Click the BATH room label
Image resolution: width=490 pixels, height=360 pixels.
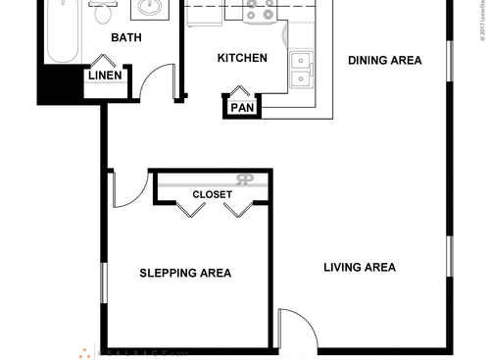point(126,38)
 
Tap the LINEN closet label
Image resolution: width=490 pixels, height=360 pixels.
point(105,76)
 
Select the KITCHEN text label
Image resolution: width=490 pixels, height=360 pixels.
point(241,58)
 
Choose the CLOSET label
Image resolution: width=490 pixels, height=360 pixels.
point(212,194)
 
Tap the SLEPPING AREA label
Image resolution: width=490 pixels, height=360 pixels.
point(185,273)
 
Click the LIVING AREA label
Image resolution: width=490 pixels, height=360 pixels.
point(359,267)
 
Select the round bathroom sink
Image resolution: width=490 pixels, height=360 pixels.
point(151,10)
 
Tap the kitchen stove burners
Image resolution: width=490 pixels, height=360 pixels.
point(260,10)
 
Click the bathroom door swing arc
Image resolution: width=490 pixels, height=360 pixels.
point(155,85)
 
